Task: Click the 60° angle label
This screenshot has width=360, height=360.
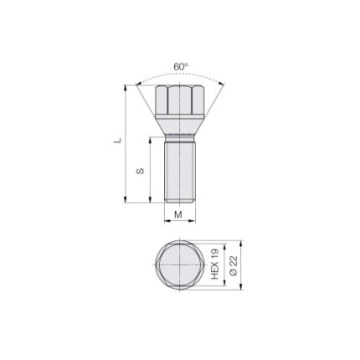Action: (181, 67)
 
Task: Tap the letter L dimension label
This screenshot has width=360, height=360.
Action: (117, 140)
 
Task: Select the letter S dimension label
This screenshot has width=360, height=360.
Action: (140, 171)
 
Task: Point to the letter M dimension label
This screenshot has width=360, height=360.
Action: (178, 214)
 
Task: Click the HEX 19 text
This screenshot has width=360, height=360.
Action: (215, 264)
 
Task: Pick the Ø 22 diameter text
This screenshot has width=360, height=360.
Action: (233, 265)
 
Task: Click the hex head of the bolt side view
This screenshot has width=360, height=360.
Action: (180, 100)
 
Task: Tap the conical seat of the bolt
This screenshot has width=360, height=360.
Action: (180, 124)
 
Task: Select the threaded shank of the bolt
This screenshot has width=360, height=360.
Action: (180, 172)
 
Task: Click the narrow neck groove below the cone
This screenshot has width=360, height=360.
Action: (180, 138)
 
